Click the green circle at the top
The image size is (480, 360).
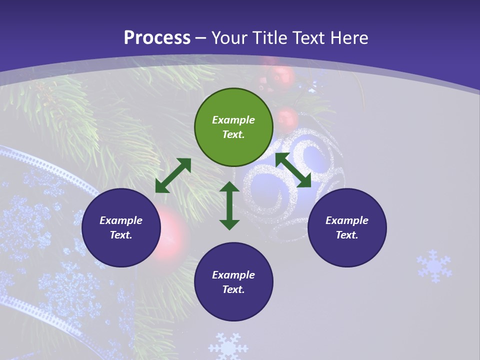(x=233, y=127)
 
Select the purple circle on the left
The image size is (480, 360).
(x=121, y=227)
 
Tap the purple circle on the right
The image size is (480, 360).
(x=347, y=227)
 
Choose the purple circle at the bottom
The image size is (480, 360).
(x=233, y=282)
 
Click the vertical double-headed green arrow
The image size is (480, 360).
(x=229, y=205)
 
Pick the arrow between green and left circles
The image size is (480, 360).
(x=173, y=175)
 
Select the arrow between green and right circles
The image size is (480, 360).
(x=293, y=170)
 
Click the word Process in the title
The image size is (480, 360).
(x=157, y=37)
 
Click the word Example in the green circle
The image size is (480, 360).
(x=233, y=120)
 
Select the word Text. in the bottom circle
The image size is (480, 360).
(x=233, y=289)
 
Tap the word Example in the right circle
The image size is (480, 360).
(x=347, y=220)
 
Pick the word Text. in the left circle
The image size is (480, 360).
(x=121, y=235)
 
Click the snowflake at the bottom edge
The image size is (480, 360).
(x=228, y=346)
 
